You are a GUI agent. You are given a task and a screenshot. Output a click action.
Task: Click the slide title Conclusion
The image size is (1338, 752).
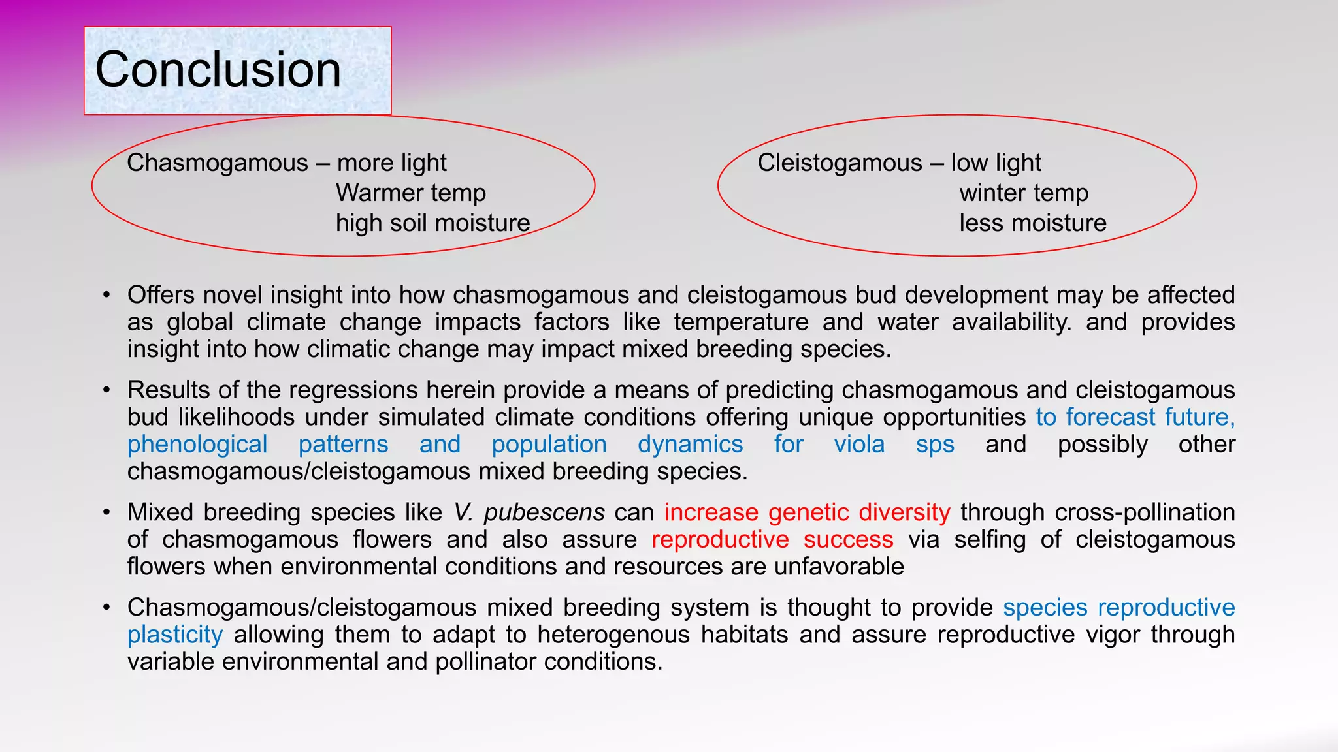point(218,70)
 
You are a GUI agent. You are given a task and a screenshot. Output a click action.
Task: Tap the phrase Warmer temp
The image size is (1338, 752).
point(411,193)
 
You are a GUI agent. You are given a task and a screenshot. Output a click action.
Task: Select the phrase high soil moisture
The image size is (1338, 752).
point(432,223)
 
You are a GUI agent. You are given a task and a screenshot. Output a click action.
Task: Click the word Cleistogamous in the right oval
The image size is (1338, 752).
point(840,163)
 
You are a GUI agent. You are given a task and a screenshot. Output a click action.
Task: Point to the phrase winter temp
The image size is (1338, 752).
point(1024,193)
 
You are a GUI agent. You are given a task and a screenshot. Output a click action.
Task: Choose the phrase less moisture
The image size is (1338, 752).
point(1033,223)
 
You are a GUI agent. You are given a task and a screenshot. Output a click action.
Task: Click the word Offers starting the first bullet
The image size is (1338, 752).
point(161,295)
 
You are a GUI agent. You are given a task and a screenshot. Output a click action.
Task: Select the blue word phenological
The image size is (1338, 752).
point(197,445)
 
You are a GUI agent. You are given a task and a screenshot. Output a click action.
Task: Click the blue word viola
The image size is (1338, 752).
point(859,445)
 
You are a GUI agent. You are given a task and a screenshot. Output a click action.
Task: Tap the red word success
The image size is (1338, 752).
point(848,540)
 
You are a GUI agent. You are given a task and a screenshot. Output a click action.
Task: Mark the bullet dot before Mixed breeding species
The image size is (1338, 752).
point(106,512)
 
